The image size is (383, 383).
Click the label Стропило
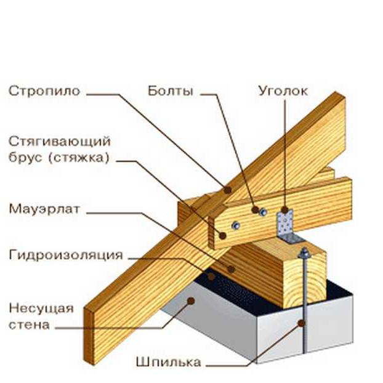[x=44, y=92]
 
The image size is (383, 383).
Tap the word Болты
[x=171, y=92]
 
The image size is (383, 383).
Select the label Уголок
[x=282, y=92]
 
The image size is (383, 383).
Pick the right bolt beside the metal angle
[x=264, y=212]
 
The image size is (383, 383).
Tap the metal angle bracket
[x=285, y=225]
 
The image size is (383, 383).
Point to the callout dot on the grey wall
[x=191, y=301]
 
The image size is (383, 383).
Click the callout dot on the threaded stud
[x=302, y=322]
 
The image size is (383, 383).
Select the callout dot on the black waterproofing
[x=211, y=276]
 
